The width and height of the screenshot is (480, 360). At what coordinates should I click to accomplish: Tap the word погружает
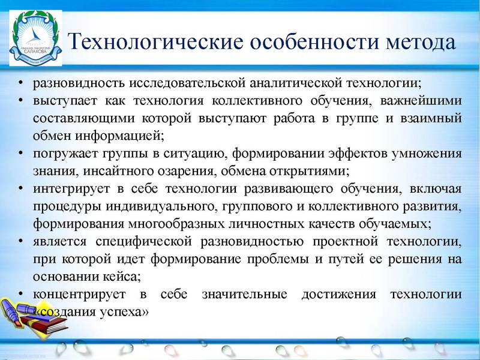[x=66, y=154]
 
